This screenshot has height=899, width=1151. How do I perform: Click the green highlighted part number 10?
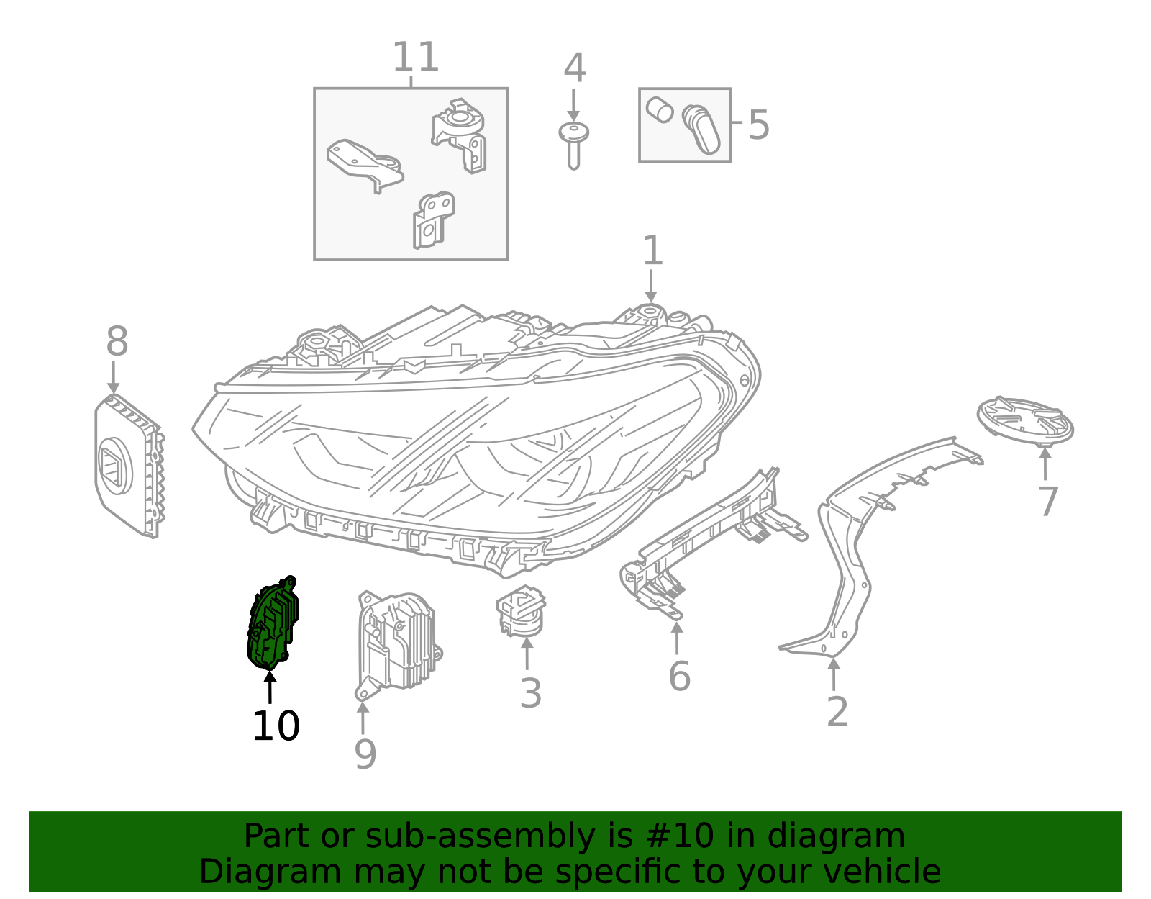click(x=273, y=623)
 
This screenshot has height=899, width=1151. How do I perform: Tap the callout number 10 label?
click(x=276, y=726)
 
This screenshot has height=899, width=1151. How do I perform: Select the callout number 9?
click(x=365, y=754)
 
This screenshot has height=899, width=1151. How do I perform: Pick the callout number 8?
click(x=117, y=341)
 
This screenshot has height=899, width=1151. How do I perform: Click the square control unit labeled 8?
click(x=129, y=466)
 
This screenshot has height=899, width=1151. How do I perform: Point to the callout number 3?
click(x=531, y=693)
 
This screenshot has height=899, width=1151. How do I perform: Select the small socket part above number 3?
click(x=522, y=611)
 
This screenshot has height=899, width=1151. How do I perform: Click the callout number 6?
click(x=680, y=676)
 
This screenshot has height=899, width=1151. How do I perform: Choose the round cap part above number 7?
click(x=1025, y=421)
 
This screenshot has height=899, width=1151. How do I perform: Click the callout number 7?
click(x=1047, y=501)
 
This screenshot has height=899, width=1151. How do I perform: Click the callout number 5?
click(x=758, y=125)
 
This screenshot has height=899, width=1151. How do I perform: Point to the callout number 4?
click(x=575, y=68)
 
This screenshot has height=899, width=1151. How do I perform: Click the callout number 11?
click(x=415, y=57)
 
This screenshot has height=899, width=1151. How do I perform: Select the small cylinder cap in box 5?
click(x=660, y=110)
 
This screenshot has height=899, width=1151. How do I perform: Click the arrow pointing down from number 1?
click(x=651, y=286)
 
